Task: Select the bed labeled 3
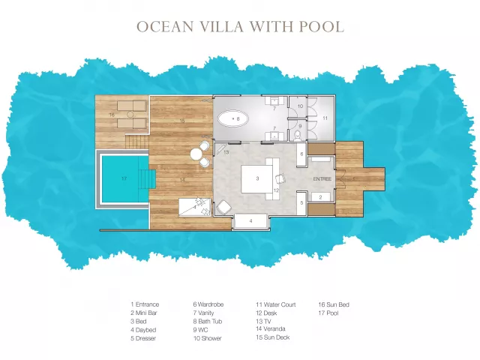tap(256, 178)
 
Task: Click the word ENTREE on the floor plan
tap(322, 178)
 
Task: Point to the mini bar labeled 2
tap(320, 197)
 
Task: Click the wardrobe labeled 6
tap(301, 154)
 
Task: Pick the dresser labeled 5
tap(301, 202)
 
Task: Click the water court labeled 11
tap(325, 118)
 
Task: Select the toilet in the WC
tap(297, 135)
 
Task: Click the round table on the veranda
tap(196, 154)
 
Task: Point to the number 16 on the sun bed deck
tap(112, 115)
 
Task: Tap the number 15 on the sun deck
tap(181, 121)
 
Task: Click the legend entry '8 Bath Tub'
tap(208, 322)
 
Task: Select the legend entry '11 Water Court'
tap(275, 304)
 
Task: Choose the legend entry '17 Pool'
tap(328, 313)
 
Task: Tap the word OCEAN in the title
tap(165, 27)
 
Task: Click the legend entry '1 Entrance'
tap(145, 304)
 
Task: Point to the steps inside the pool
tap(148, 179)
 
